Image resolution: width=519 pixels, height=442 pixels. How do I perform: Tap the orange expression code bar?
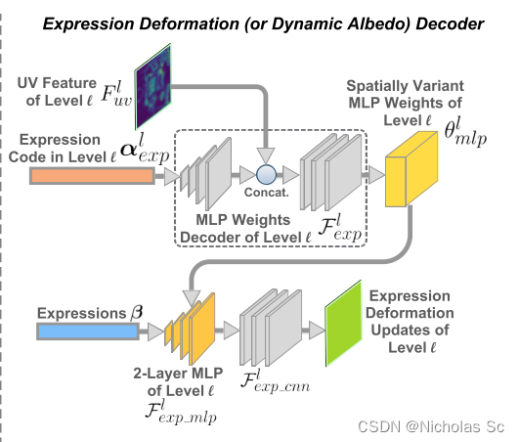(91, 176)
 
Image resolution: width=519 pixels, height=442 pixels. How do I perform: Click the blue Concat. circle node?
(264, 175)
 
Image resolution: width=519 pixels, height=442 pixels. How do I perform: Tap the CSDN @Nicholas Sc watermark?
(443, 426)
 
